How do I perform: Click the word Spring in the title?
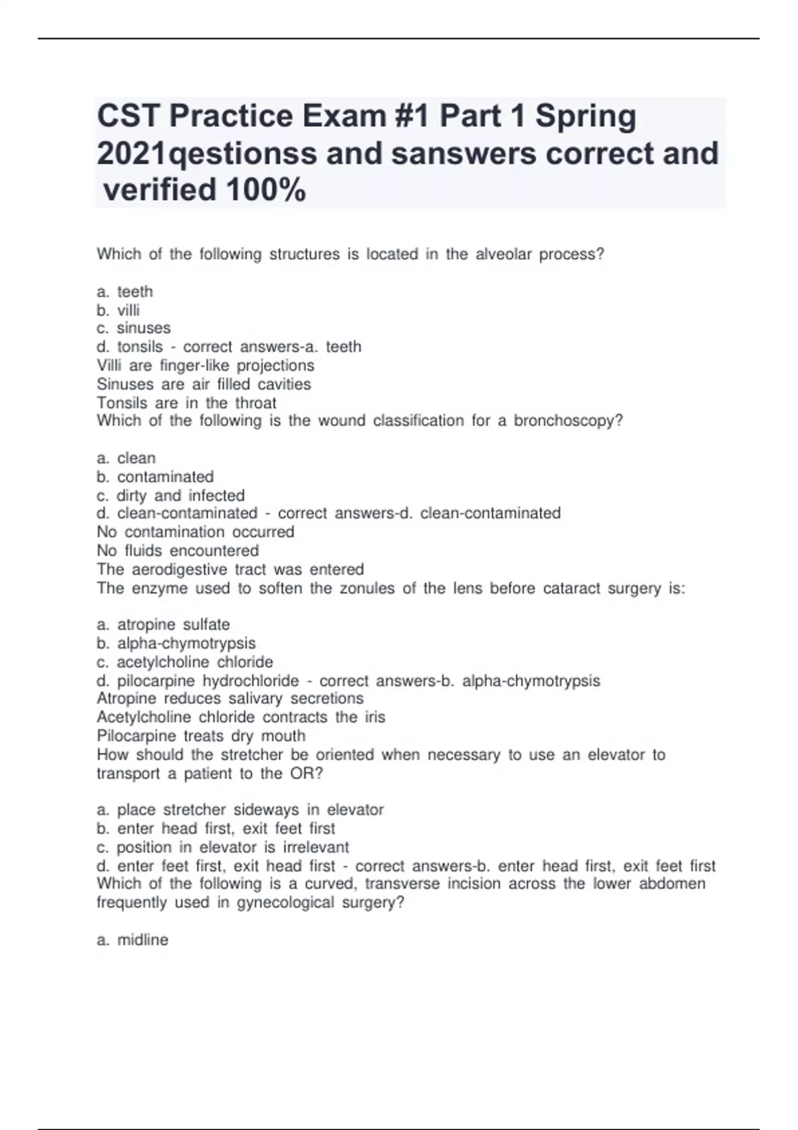pyautogui.click(x=586, y=116)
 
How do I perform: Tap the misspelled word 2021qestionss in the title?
pyautogui.click(x=207, y=154)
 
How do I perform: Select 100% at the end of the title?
pyautogui.click(x=266, y=190)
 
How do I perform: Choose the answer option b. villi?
pyautogui.click(x=118, y=310)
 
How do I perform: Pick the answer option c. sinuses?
pyautogui.click(x=134, y=328)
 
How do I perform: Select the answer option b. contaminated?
pyautogui.click(x=155, y=477)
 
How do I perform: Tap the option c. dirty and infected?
pyautogui.click(x=170, y=495)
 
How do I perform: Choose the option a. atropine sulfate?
pyautogui.click(x=163, y=624)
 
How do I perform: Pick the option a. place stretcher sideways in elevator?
pyautogui.click(x=240, y=810)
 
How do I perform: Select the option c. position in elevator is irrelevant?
pyautogui.click(x=223, y=847)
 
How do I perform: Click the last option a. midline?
pyautogui.click(x=132, y=939)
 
